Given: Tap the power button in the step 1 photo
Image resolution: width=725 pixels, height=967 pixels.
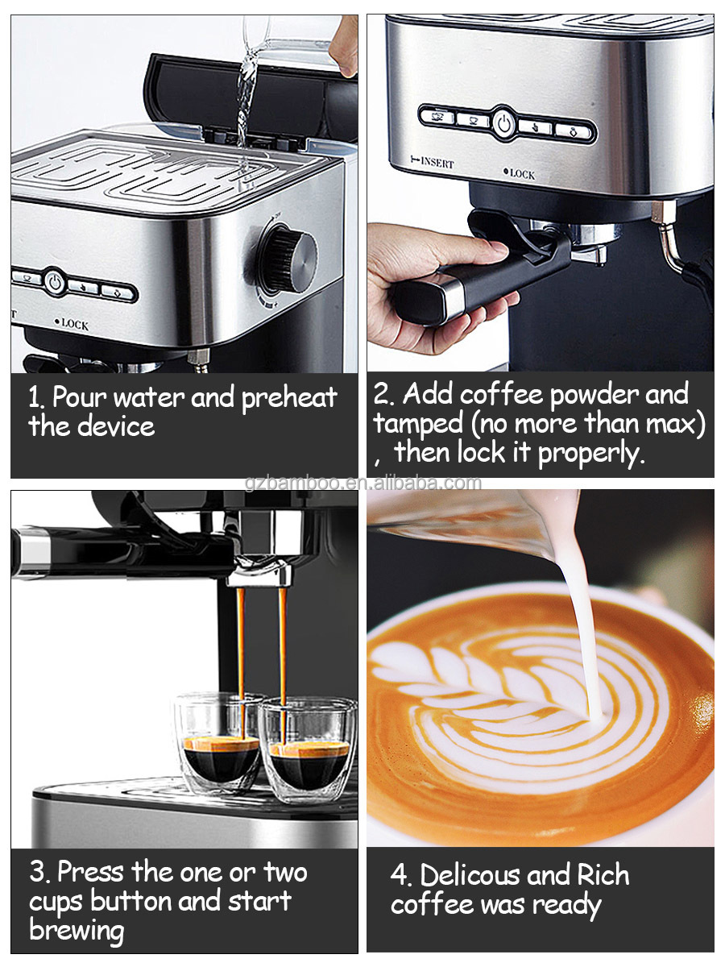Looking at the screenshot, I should click(54, 282).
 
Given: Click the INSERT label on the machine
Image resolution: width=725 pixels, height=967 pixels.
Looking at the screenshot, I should click(432, 163).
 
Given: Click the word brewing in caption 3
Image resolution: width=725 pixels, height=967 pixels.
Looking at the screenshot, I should click(77, 930).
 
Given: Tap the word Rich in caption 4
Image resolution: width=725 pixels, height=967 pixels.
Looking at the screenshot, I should click(603, 875).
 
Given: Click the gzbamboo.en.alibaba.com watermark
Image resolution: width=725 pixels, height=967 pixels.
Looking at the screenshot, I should click(362, 483).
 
